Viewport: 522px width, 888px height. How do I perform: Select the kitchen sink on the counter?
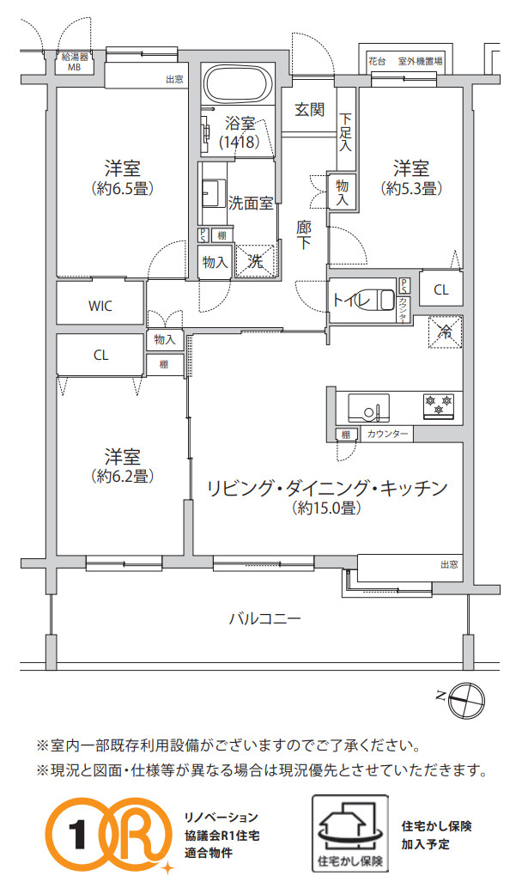[x=368, y=404]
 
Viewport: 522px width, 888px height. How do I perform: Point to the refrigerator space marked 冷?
[x=445, y=330]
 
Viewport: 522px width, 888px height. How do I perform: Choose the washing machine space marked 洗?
[x=256, y=262]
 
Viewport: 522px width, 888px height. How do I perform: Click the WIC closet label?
[x=100, y=306]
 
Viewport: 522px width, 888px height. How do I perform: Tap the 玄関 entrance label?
[x=309, y=109]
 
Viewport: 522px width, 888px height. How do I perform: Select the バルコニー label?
[x=264, y=617]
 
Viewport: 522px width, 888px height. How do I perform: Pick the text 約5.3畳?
[x=411, y=187]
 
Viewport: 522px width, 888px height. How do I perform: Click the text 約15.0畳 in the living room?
[x=325, y=508]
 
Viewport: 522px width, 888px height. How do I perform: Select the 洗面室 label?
[x=251, y=204]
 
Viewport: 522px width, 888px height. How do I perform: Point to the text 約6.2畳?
[x=123, y=476]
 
